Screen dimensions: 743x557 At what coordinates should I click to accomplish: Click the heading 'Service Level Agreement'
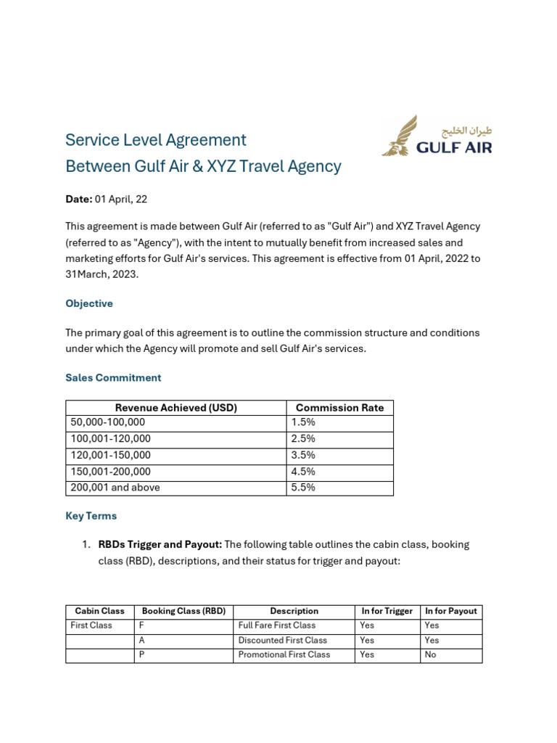click(x=156, y=140)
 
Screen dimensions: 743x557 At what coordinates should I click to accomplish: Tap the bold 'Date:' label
click(x=79, y=199)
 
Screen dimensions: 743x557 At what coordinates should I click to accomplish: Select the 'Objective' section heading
click(x=89, y=303)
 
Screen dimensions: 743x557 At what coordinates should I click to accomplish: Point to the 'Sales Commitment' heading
click(x=113, y=377)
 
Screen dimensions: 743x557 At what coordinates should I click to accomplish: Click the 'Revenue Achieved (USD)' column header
click(x=176, y=408)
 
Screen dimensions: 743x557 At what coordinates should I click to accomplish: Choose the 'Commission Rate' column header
click(x=339, y=408)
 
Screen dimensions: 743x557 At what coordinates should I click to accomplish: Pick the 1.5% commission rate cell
click(x=303, y=422)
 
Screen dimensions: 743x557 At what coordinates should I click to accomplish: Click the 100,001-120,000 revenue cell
click(x=110, y=439)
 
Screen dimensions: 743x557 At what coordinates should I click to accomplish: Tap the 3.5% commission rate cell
click(x=303, y=455)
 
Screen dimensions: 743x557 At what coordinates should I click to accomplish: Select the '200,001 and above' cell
click(x=115, y=488)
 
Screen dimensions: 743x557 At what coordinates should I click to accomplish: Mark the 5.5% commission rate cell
click(x=303, y=488)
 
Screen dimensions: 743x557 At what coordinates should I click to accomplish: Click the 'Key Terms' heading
click(x=91, y=516)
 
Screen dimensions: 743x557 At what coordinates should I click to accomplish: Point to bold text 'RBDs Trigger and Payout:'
click(x=160, y=544)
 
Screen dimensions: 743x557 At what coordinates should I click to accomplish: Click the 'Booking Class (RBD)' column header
click(x=183, y=611)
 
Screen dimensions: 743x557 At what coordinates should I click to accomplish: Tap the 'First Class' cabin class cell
click(x=91, y=625)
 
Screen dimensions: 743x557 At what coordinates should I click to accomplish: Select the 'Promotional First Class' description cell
click(x=284, y=654)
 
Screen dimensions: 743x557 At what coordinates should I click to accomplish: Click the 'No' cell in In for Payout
click(x=431, y=654)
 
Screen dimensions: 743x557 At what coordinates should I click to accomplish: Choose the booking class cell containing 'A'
click(x=142, y=640)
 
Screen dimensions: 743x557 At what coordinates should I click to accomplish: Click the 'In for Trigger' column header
click(x=387, y=611)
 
